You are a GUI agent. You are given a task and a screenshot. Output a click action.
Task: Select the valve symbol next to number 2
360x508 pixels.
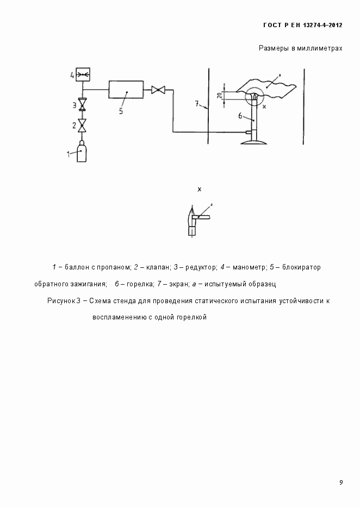(82, 126)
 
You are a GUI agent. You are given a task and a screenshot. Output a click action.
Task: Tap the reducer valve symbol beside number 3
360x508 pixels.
(82, 104)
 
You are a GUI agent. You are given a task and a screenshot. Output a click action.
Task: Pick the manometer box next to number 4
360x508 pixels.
(82, 74)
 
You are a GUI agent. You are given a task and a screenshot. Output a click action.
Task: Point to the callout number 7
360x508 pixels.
(197, 103)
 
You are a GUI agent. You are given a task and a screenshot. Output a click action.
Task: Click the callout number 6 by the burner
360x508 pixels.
(240, 116)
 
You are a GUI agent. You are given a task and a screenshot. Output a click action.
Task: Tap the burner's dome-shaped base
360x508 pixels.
(254, 143)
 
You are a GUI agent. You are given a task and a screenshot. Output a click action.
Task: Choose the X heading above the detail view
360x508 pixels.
(200, 189)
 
